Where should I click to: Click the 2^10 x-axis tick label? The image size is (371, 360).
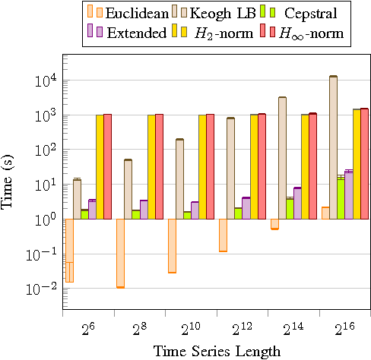pyautogui.click(x=190, y=329)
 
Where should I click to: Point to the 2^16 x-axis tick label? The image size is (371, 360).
pyautogui.click(x=344, y=329)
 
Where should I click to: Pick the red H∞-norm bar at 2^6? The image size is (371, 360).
pyautogui.click(x=107, y=166)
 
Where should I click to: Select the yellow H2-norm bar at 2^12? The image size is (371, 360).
pyautogui.click(x=254, y=166)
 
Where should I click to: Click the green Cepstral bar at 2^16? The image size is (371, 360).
pyautogui.click(x=341, y=198)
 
